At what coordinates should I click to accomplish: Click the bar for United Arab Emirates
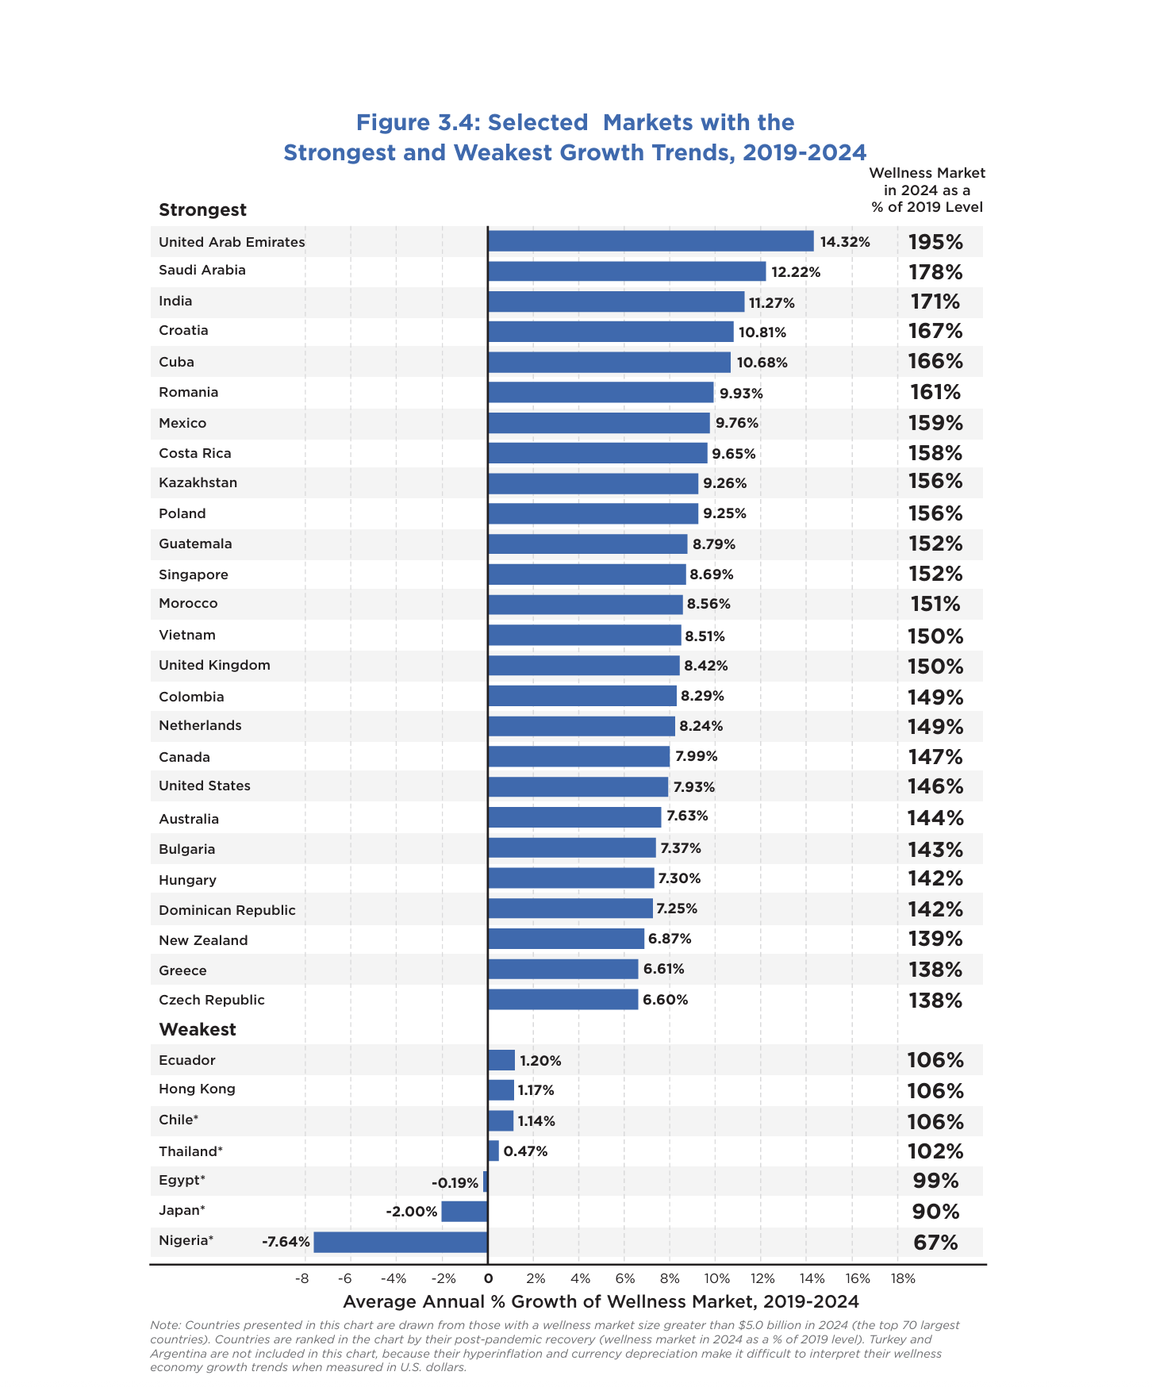click(651, 241)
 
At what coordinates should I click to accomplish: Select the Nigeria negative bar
click(400, 1242)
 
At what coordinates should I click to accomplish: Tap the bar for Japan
click(464, 1212)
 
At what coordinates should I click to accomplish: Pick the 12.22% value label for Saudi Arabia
click(796, 272)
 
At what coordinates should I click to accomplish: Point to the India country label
click(175, 301)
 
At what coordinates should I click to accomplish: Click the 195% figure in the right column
click(935, 242)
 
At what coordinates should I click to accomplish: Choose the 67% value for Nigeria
click(935, 1243)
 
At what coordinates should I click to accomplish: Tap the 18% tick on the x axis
click(903, 1278)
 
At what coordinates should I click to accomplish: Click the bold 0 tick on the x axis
click(488, 1278)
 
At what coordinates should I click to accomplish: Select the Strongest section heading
click(202, 210)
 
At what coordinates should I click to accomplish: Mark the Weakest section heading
click(198, 1029)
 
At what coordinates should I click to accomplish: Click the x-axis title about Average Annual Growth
click(601, 1302)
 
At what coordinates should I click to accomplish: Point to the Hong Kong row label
click(197, 1089)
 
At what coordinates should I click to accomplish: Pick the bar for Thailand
click(493, 1151)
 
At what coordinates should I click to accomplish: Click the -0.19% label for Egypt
click(455, 1183)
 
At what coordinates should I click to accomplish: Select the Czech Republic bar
click(563, 1000)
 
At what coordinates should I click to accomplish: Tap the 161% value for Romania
click(935, 392)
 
